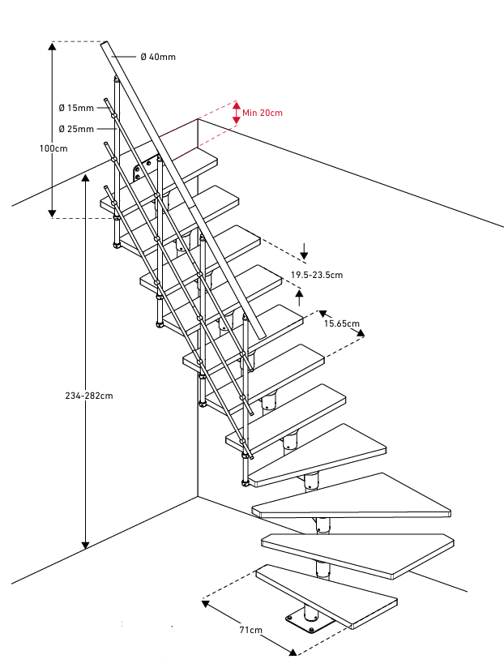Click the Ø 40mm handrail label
tap(157, 57)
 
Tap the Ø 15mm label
tap(76, 108)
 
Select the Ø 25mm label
tap(76, 129)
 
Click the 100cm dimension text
tap(53, 148)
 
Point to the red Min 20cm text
tap(263, 113)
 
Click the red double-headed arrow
tap(236, 113)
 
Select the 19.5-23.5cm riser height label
tap(316, 275)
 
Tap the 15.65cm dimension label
tap(341, 323)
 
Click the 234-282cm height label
tap(88, 396)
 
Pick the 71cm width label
tap(250, 630)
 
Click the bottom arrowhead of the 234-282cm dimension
tap(85, 544)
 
